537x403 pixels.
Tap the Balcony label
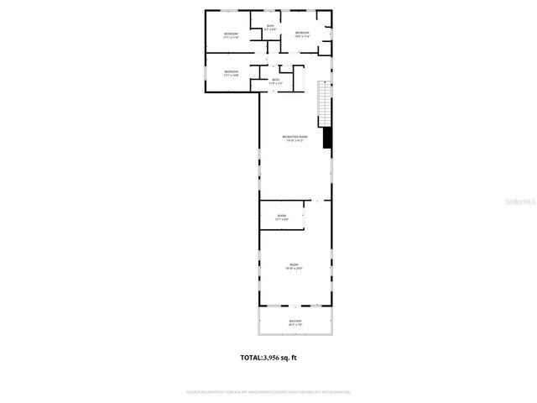(x=295, y=320)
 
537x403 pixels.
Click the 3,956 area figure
(x=274, y=358)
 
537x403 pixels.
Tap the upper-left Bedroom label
(x=231, y=34)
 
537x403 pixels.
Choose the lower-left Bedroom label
(x=231, y=71)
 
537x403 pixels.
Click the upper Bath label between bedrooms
(x=270, y=26)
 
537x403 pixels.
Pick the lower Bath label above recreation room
(x=275, y=80)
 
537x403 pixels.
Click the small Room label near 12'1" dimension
(x=281, y=216)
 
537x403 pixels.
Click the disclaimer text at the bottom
(x=268, y=391)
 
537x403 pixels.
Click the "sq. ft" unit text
(x=289, y=358)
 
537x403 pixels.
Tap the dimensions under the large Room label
(x=295, y=269)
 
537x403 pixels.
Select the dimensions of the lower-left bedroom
(x=231, y=76)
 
